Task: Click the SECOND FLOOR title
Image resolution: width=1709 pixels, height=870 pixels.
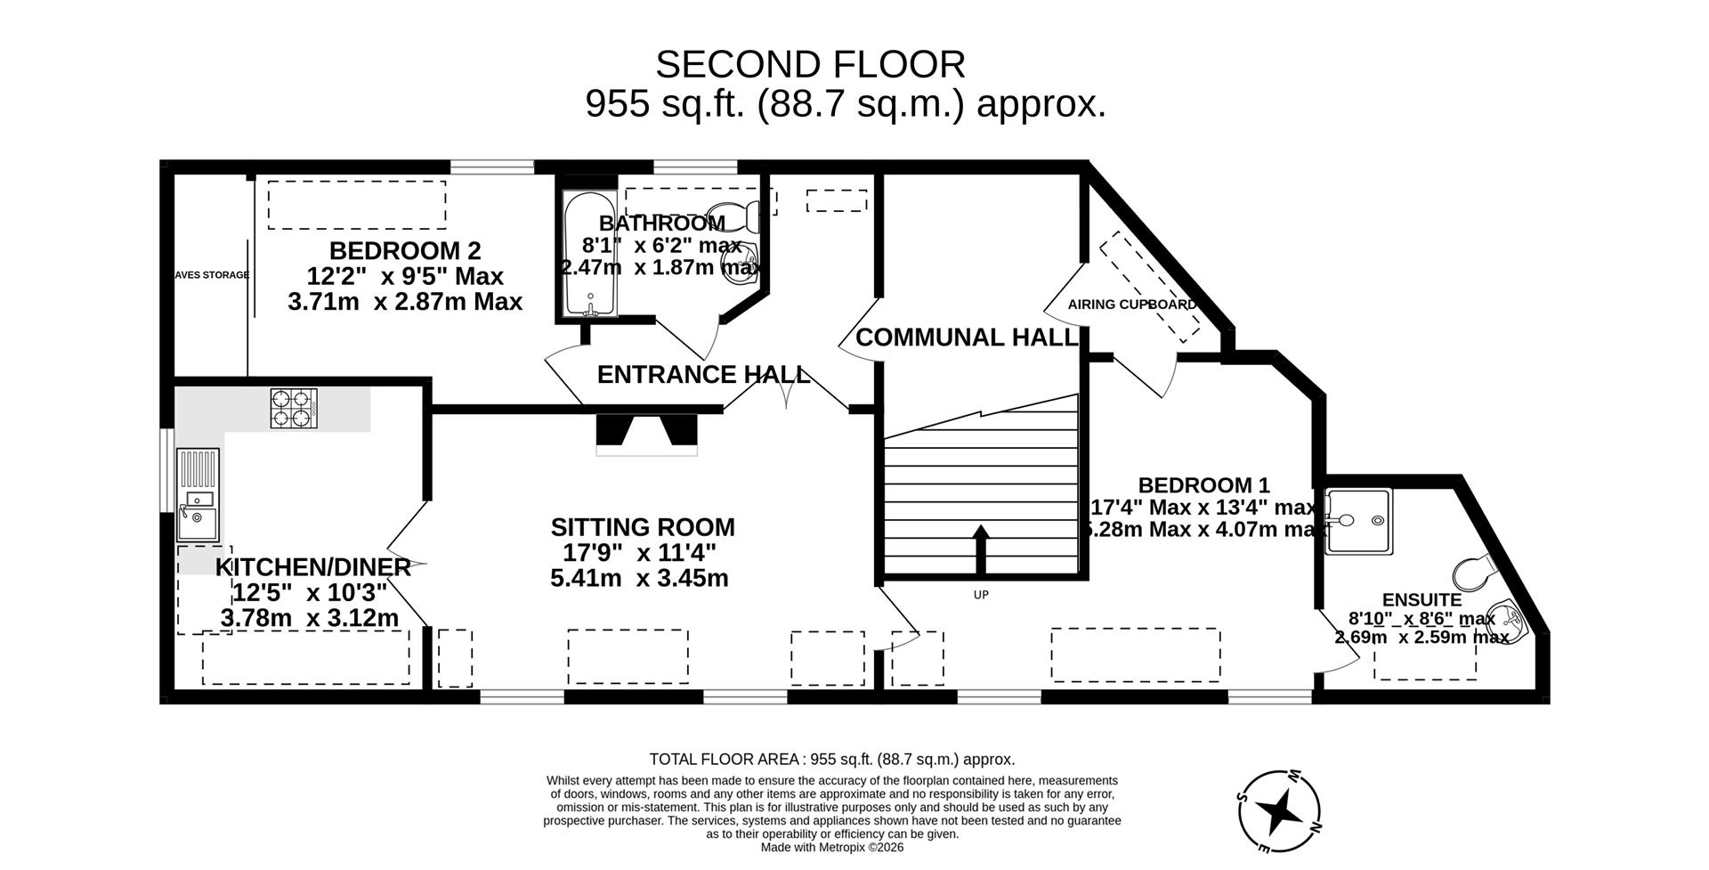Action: [x=810, y=65]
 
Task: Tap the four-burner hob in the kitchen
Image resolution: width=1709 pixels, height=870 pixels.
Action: [x=294, y=409]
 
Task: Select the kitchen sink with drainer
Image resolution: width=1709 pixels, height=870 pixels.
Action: [x=198, y=495]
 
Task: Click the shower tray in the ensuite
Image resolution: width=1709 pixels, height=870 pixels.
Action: [x=1357, y=522]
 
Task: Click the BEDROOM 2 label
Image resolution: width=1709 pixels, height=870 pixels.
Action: [x=405, y=250]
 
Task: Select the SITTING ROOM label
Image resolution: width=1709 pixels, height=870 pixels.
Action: [x=643, y=527]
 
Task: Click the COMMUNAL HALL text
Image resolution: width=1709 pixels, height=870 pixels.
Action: [x=967, y=337]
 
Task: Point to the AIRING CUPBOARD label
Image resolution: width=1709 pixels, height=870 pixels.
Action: [x=1131, y=305]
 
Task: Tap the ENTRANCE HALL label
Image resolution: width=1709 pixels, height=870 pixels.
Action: [x=703, y=375]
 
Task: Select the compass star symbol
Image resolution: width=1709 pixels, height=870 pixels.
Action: [x=1279, y=810]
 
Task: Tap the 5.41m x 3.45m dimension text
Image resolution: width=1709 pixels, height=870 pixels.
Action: [x=639, y=579]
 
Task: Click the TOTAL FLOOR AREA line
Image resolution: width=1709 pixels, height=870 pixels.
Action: [x=831, y=760]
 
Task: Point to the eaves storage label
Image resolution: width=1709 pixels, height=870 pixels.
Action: [x=211, y=275]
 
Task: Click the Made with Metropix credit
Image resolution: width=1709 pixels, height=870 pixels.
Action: [x=831, y=848]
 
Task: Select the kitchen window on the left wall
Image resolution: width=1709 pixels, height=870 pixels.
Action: [x=166, y=470]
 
